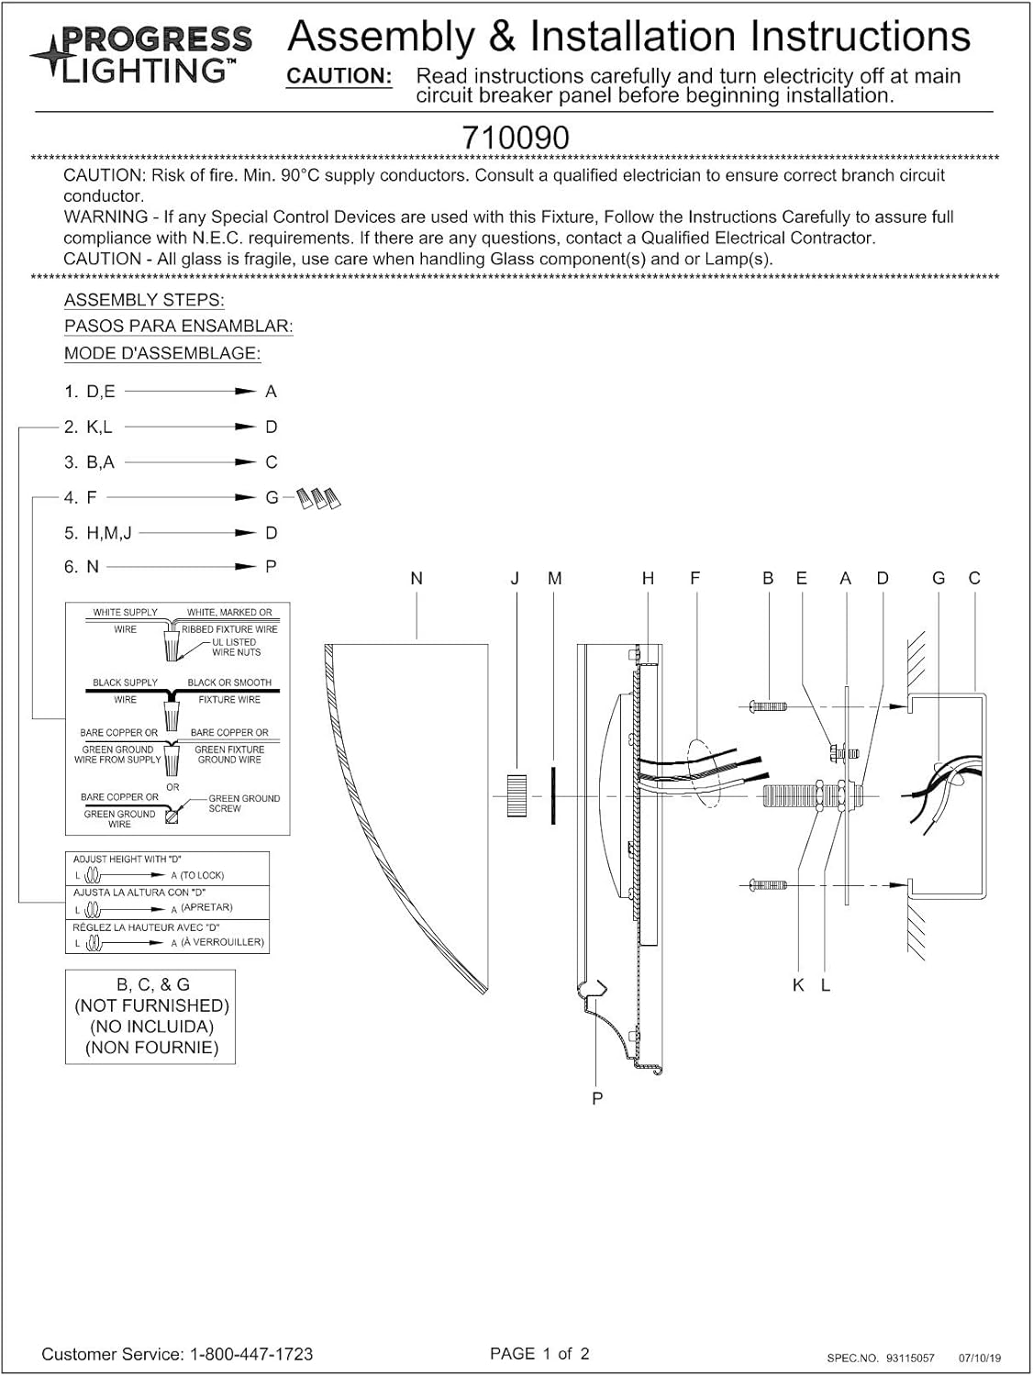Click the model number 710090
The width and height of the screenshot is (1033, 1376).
[516, 138]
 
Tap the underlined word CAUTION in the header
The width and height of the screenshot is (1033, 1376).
[339, 76]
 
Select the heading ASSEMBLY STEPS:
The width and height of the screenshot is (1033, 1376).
[144, 300]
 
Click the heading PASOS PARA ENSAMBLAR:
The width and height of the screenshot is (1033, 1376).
[178, 326]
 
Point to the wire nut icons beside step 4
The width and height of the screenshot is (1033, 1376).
[321, 498]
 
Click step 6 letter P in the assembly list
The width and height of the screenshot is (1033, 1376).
[271, 567]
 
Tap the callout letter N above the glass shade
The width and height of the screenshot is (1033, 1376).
[417, 579]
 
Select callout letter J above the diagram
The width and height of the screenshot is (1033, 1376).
[515, 579]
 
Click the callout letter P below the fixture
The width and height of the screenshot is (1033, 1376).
[597, 1098]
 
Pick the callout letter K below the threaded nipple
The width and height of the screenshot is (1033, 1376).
[798, 984]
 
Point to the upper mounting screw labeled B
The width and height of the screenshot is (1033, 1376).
[769, 706]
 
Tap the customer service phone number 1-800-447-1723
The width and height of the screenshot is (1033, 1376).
[251, 1354]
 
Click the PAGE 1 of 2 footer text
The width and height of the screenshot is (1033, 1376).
[539, 1353]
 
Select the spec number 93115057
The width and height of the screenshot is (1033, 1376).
[910, 1358]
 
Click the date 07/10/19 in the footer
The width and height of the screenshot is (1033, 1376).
[980, 1358]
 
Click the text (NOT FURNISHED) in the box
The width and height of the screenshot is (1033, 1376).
[151, 1005]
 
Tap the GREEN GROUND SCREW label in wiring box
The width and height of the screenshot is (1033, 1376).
[243, 804]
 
